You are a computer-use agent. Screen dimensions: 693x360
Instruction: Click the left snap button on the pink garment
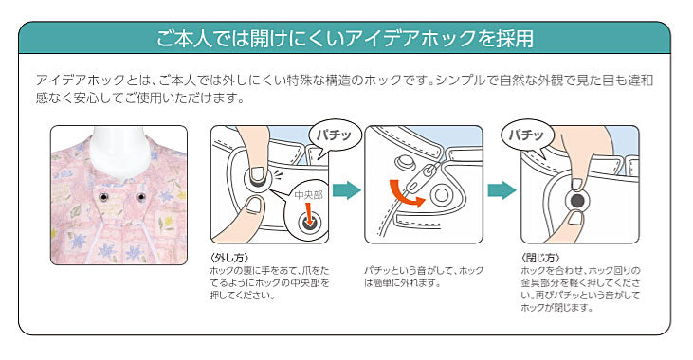[x=104, y=197]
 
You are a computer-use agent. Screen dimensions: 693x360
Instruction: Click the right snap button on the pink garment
[x=141, y=197]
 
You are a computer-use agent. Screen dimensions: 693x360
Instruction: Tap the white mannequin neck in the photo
[x=118, y=152]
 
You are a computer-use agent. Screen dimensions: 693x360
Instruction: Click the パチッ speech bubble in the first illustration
[x=335, y=135]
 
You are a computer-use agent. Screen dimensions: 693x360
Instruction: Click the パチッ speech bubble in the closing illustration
[x=526, y=135]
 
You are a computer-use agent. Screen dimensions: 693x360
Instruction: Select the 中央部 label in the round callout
[x=308, y=195]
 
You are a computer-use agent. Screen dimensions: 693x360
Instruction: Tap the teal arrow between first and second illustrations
[x=347, y=189]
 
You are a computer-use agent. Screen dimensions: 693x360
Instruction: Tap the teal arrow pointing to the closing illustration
[x=502, y=189]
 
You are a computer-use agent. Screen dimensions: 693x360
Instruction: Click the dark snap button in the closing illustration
[x=577, y=202]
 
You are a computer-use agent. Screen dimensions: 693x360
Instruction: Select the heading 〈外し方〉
[x=229, y=258]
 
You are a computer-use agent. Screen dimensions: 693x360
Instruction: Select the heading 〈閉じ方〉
[x=540, y=258]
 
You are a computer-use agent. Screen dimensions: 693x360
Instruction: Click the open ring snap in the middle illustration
[x=441, y=194]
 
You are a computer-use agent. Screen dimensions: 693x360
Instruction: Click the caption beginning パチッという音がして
[x=424, y=277]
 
